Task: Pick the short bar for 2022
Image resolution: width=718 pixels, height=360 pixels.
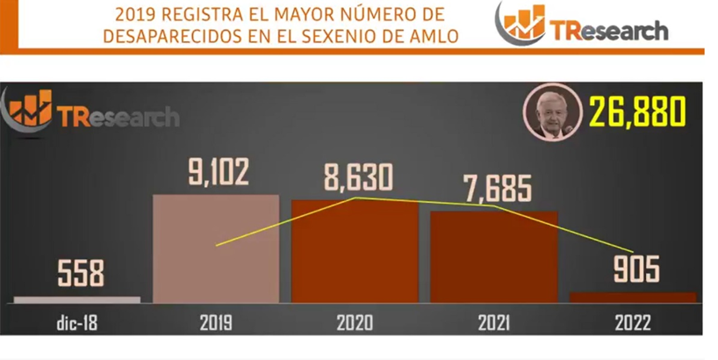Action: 632,298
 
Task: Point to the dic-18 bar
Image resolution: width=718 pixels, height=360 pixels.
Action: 77,299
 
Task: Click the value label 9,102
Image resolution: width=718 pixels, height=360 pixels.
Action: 218,171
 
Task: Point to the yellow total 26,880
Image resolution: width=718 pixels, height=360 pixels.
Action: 636,112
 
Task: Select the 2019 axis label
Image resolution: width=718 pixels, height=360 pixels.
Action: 215,322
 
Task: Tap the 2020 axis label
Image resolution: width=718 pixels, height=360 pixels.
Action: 355,322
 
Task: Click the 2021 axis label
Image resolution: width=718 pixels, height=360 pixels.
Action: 494,322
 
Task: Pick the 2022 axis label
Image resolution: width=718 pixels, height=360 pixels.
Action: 633,322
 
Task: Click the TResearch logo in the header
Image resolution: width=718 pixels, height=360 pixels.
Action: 583,25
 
